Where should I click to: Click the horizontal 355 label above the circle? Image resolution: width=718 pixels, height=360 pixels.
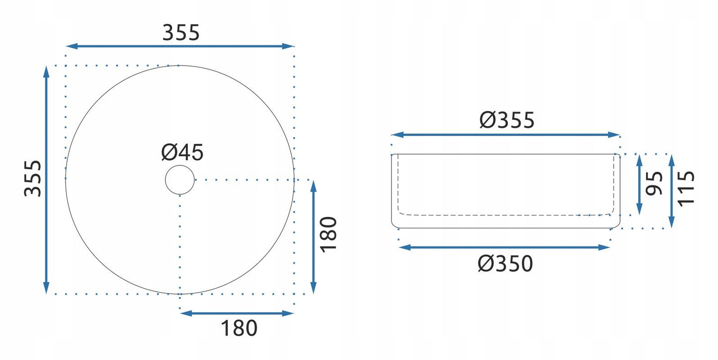coord(181,33)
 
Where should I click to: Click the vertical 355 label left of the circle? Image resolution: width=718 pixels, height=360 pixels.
coord(33,178)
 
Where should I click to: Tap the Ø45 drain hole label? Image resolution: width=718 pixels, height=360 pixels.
coord(182,153)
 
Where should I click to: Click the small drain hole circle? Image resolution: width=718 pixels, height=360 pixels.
coord(180,180)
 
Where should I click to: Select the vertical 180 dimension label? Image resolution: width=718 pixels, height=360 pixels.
coord(329,234)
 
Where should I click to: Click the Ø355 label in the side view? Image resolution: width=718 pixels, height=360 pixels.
coord(507,120)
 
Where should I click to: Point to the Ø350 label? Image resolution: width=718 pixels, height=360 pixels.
coord(505,264)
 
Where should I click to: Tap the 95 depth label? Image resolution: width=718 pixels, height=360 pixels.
coord(655,183)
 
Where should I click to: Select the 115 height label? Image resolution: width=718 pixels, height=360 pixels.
coord(686,188)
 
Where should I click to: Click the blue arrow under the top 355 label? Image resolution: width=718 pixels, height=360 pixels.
coord(180,46)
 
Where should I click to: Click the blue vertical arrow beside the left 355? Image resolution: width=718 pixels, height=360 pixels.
coord(46,179)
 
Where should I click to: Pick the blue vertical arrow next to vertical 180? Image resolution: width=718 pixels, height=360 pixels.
coord(313,237)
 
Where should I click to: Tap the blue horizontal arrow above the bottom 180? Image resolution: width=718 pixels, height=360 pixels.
coord(237,313)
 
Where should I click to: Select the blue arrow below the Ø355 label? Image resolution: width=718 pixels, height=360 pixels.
coord(506,135)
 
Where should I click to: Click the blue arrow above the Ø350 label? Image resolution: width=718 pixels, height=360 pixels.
coord(504,247)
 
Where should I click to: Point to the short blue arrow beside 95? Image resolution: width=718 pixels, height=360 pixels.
coord(639,184)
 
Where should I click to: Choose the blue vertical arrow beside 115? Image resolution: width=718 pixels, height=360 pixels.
coord(671,191)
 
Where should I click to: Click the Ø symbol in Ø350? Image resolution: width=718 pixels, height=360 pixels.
coord(486,264)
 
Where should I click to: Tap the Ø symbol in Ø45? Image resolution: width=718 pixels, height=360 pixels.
coord(169,153)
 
